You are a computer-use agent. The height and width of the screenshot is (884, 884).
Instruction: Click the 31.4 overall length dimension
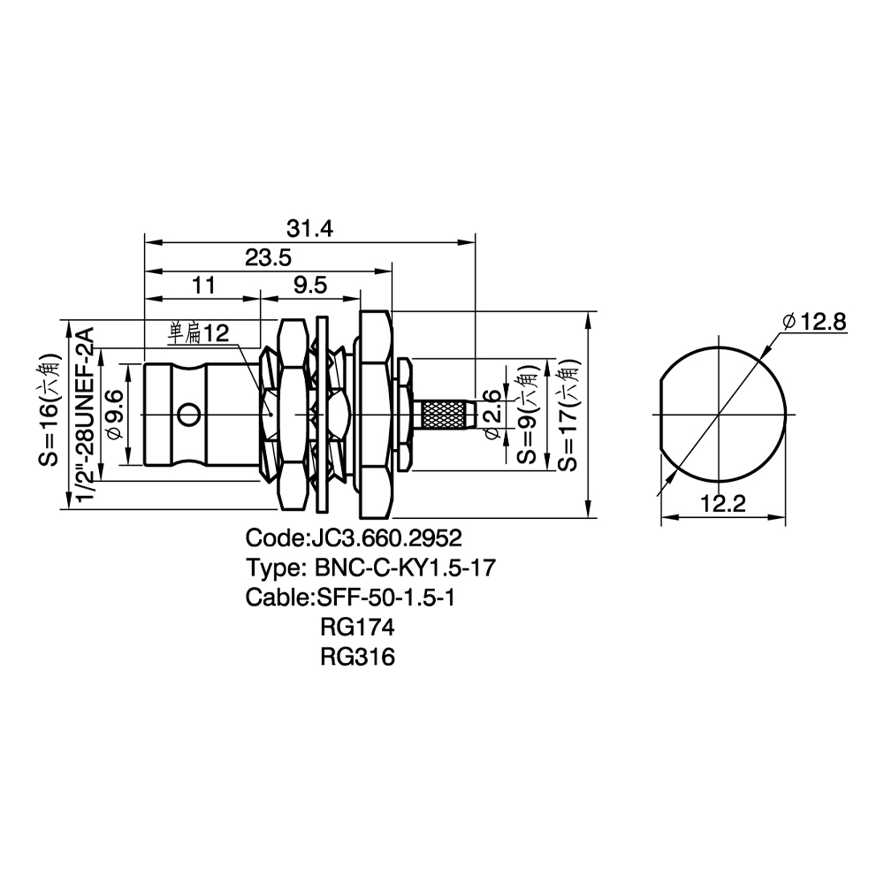pyautogui.click(x=309, y=228)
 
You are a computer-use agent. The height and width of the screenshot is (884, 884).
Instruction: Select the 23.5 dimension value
pyautogui.click(x=268, y=257)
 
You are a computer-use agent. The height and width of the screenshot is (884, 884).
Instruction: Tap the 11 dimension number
pyautogui.click(x=203, y=285)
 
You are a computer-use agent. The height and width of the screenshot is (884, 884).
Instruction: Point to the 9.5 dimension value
pyautogui.click(x=310, y=285)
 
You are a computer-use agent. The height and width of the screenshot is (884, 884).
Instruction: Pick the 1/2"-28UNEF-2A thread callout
pyautogui.click(x=84, y=415)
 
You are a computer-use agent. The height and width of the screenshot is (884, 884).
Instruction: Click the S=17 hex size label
pyautogui.click(x=568, y=415)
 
